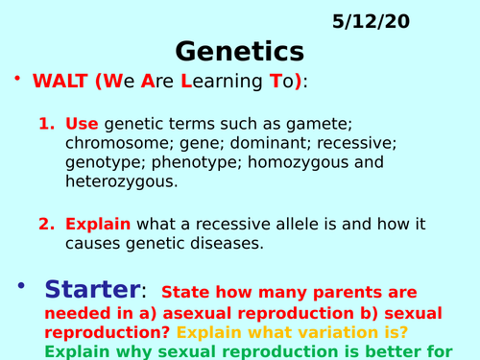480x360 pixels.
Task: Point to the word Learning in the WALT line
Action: [x=212, y=83]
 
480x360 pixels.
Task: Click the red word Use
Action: [x=82, y=124]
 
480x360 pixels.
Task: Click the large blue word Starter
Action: [x=91, y=289]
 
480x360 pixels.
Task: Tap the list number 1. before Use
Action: [x=48, y=124]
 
